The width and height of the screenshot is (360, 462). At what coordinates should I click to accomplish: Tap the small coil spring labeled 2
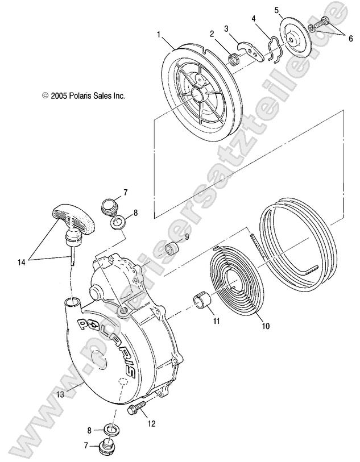point(233,58)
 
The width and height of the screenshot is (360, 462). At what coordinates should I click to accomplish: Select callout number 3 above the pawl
point(226,28)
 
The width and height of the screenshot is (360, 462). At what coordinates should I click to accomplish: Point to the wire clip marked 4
point(274,49)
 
